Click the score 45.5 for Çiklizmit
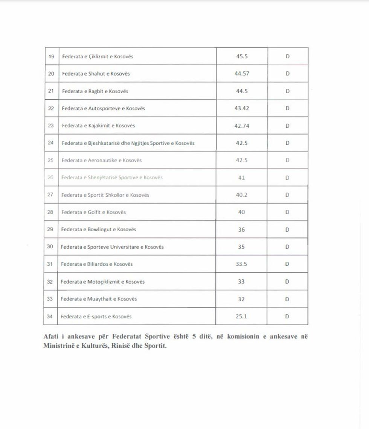(242, 56)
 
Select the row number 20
(51, 74)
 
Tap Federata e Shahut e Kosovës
(96, 74)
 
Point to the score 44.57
(242, 74)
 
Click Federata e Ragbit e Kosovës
(95, 91)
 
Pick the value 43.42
(242, 108)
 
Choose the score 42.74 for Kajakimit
(242, 126)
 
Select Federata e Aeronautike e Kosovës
(102, 160)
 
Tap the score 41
(242, 177)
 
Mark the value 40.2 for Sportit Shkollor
(242, 195)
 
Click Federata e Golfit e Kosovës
(93, 212)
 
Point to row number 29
(50, 229)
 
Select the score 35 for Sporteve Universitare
(241, 247)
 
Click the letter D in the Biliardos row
(287, 264)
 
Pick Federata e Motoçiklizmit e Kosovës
(102, 282)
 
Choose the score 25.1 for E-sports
(241, 317)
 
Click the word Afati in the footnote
(51, 337)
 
